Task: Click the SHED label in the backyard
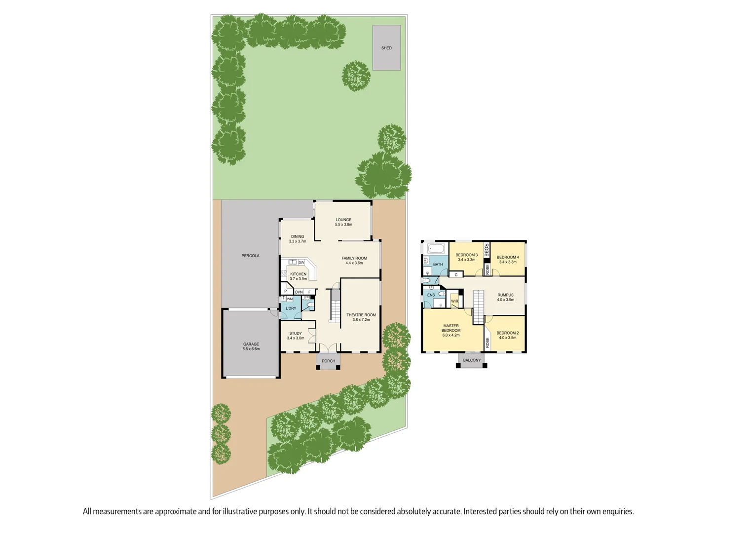386,48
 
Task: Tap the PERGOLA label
250,256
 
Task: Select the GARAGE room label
251,344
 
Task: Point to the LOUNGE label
343,220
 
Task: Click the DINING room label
298,236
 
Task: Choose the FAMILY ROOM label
354,258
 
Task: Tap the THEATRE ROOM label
361,315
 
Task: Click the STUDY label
296,334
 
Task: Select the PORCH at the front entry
328,361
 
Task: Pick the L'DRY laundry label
291,308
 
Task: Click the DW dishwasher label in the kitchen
301,263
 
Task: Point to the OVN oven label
299,292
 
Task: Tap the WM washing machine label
290,299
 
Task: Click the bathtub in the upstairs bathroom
436,248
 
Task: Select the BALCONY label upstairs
472,360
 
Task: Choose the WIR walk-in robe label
454,301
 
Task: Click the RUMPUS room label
505,295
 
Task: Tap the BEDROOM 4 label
507,257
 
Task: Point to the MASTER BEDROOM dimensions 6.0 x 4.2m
451,335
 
